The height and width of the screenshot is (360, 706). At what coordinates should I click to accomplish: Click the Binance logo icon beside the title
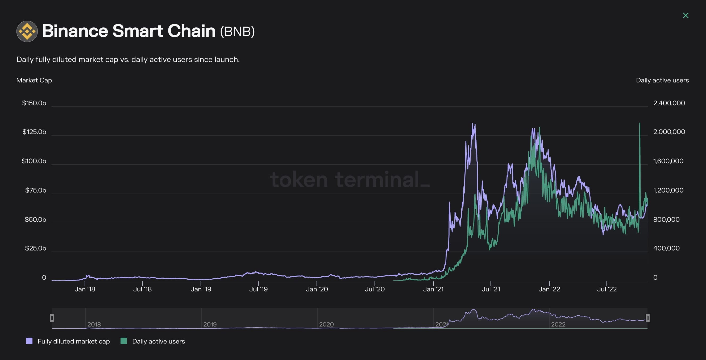pyautogui.click(x=27, y=31)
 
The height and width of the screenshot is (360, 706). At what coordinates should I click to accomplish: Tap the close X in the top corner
pyautogui.click(x=686, y=15)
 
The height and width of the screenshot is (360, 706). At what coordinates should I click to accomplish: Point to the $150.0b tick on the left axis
pyautogui.click(x=34, y=103)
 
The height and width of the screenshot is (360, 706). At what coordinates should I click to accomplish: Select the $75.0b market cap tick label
pyautogui.click(x=35, y=190)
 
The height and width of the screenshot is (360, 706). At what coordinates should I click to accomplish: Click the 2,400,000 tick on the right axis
pyautogui.click(x=669, y=103)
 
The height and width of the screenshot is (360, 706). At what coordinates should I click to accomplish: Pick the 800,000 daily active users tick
pyautogui.click(x=666, y=219)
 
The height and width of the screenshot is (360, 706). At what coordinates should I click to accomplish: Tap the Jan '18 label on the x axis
pyautogui.click(x=85, y=289)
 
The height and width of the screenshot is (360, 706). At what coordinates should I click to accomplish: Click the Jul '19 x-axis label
pyautogui.click(x=258, y=289)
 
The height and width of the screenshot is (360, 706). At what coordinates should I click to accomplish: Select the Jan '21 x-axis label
pyautogui.click(x=433, y=289)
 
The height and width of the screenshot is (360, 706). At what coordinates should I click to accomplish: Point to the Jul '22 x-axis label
pyautogui.click(x=607, y=289)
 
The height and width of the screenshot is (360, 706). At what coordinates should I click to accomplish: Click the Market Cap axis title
pyautogui.click(x=34, y=80)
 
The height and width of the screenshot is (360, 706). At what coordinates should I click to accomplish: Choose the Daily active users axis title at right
pyautogui.click(x=662, y=80)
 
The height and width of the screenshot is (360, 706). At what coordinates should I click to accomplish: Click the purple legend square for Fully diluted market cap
pyautogui.click(x=29, y=341)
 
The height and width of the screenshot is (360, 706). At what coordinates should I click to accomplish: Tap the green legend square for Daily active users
pyautogui.click(x=124, y=341)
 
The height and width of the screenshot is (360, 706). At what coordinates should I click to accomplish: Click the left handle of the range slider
pyautogui.click(x=52, y=318)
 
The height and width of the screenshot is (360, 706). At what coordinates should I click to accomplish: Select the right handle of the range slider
pyautogui.click(x=647, y=318)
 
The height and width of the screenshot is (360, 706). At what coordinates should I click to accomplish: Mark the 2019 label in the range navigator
pyautogui.click(x=210, y=324)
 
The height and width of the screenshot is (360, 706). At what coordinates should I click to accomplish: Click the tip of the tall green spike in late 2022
pyautogui.click(x=640, y=123)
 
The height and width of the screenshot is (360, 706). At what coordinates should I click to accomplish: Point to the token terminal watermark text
pyautogui.click(x=350, y=180)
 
